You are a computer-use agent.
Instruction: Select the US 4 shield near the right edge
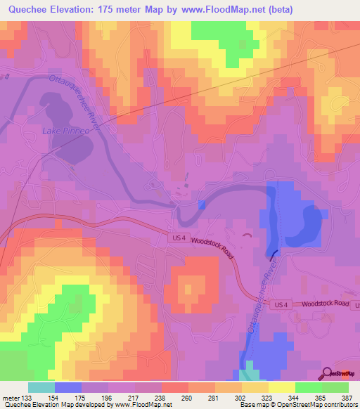coord(281,304)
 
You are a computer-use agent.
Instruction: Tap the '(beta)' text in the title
coord(276,9)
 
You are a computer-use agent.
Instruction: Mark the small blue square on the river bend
coord(202,204)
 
